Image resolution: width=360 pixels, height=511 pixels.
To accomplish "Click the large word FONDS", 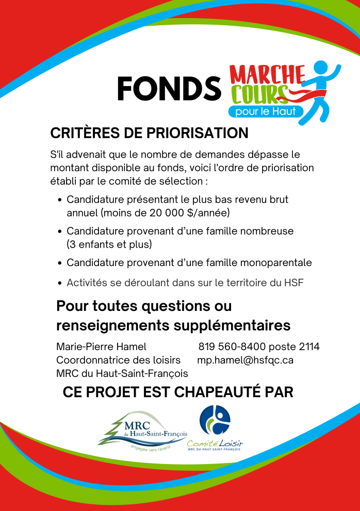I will pyautogui.click(x=169, y=89).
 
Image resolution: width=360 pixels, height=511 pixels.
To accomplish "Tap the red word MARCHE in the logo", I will pyautogui.click(x=267, y=75).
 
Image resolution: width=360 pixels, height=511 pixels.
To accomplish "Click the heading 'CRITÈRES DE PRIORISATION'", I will pyautogui.click(x=149, y=133).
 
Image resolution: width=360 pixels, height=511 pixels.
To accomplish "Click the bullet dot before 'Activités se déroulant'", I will pyautogui.click(x=60, y=283).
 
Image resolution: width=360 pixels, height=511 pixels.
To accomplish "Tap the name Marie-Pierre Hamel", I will pyautogui.click(x=101, y=347).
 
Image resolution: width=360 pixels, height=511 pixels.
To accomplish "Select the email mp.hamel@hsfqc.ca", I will pyautogui.click(x=245, y=360).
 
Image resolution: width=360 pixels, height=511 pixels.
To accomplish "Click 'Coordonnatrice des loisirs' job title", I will pyautogui.click(x=118, y=360).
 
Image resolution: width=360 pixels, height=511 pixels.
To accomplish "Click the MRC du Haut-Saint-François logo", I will pyautogui.click(x=143, y=430).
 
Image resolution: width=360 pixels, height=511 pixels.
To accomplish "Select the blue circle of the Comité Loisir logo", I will pyautogui.click(x=215, y=420).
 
